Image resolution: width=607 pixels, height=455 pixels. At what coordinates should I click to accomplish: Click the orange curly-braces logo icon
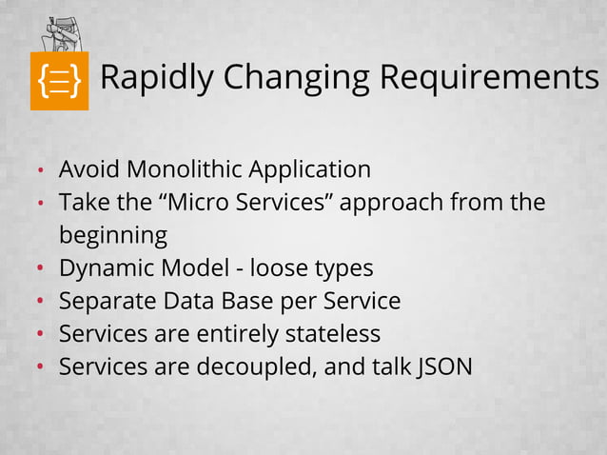coord(59,80)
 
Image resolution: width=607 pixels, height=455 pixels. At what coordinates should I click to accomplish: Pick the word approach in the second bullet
coord(392,204)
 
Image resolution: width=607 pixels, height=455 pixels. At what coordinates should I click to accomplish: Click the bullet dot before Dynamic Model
coord(41,269)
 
